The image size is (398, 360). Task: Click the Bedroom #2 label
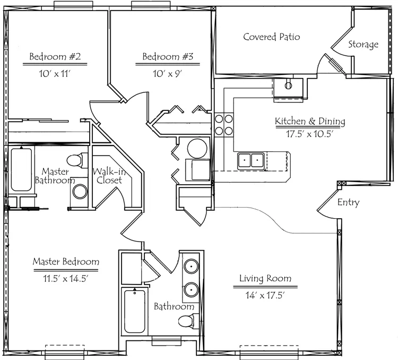(55, 56)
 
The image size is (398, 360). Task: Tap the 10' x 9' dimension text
(168, 74)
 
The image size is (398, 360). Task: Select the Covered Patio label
(272, 37)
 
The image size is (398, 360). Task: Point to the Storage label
(363, 45)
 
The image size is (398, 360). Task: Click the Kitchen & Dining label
(310, 121)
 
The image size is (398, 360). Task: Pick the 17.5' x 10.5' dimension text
(310, 134)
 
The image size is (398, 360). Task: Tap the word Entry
(349, 202)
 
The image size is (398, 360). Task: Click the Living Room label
(265, 278)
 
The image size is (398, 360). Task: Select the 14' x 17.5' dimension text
(265, 295)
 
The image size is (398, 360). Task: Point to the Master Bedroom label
(66, 261)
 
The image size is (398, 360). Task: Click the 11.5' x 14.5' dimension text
(66, 278)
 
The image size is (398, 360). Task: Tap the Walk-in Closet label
(109, 176)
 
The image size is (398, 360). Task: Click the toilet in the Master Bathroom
(77, 160)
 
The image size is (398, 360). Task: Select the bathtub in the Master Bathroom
(21, 170)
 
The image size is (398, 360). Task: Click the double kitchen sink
(251, 160)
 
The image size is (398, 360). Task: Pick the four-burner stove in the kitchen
(224, 125)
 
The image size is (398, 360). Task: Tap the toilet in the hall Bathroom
(188, 321)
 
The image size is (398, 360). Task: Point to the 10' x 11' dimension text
(55, 74)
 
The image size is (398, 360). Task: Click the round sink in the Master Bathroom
(80, 192)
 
